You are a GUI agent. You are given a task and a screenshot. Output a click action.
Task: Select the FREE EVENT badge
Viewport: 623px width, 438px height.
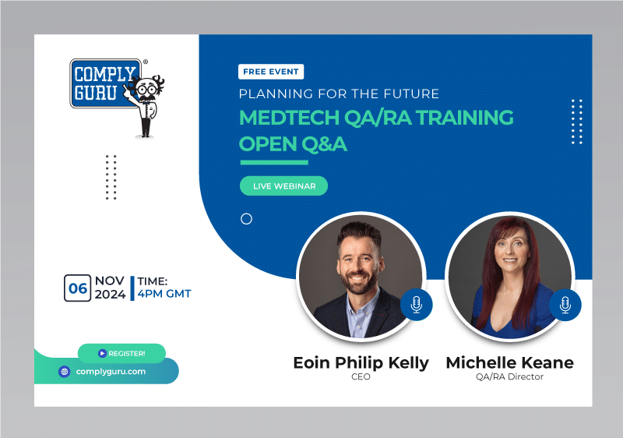coord(271,72)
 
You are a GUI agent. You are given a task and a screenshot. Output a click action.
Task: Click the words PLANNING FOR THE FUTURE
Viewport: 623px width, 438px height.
coord(339,94)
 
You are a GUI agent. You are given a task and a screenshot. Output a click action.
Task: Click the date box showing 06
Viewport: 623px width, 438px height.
coord(78,288)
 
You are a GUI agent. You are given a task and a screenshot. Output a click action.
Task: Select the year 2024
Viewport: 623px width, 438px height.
coord(110,295)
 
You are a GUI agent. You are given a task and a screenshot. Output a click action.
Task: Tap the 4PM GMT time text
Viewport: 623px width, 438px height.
coord(164,294)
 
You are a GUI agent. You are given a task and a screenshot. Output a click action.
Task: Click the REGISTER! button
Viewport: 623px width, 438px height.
coord(121,353)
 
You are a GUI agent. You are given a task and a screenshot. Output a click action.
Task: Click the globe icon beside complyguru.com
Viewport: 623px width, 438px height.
coord(65,372)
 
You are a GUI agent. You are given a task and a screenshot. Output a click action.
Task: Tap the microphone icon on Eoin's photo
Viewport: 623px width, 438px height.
coord(416,304)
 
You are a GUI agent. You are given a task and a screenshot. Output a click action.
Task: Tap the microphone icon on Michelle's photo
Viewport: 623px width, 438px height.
coord(565,304)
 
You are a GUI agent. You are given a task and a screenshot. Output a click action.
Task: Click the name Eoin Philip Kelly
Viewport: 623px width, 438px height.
coord(361,362)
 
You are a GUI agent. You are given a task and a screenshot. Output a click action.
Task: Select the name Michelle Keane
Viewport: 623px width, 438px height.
coord(509,362)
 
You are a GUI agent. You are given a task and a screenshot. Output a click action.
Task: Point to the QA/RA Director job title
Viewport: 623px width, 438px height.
coord(509,377)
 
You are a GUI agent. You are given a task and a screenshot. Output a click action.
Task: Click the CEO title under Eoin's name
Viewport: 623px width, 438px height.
coord(361,377)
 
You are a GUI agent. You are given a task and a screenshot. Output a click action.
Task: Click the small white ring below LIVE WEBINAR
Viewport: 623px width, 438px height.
coord(246,219)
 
